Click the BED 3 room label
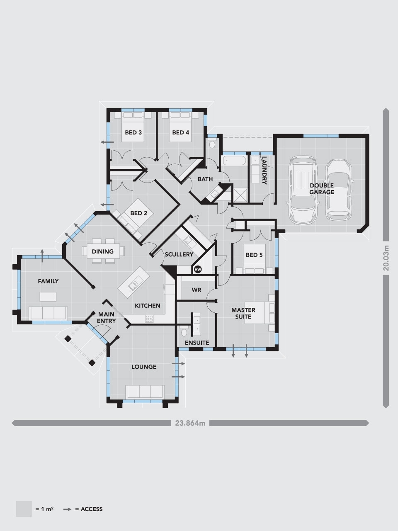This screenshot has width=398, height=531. tap(133, 133)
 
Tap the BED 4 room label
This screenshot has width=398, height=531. tap(180, 133)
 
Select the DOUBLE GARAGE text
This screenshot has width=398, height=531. tap(321, 189)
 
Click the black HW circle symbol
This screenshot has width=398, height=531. tap(198, 270)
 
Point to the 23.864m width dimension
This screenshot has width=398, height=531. tap(190, 423)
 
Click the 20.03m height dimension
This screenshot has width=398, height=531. tap(386, 258)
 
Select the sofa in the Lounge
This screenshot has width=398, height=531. tap(144, 391)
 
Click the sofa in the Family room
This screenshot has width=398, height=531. tap(48, 312)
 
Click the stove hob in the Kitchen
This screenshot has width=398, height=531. tap(149, 319)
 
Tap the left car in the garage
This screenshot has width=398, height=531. tap(302, 189)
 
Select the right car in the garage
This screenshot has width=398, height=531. tap(339, 190)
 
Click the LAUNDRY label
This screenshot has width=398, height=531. tap(264, 170)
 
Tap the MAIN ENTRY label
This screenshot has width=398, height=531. tap(107, 318)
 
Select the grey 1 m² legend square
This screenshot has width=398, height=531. tap(24, 509)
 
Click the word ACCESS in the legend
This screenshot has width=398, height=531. tap(92, 509)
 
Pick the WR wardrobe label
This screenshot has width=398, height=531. tap(197, 290)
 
